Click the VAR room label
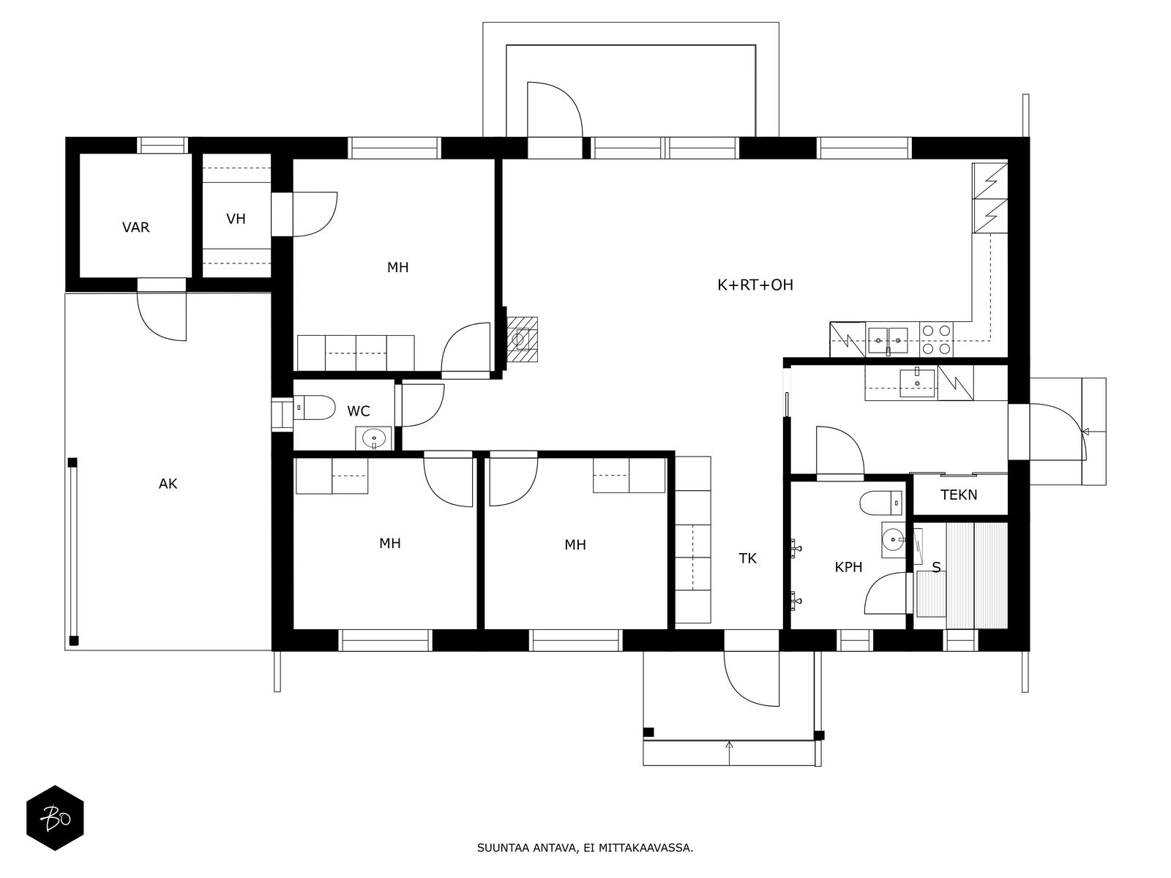point(135,228)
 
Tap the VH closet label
point(236,219)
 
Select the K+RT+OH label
point(755,285)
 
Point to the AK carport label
point(168,484)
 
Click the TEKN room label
point(959,495)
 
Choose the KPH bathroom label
point(848,567)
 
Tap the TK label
point(747,558)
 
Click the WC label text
point(359,411)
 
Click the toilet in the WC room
point(314,408)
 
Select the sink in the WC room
point(373,438)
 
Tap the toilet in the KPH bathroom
point(880,503)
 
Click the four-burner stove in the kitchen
point(937,339)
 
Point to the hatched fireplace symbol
point(522,339)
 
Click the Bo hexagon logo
point(55,818)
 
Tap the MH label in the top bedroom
point(397,268)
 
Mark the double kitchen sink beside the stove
point(888,340)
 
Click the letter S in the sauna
point(936,568)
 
